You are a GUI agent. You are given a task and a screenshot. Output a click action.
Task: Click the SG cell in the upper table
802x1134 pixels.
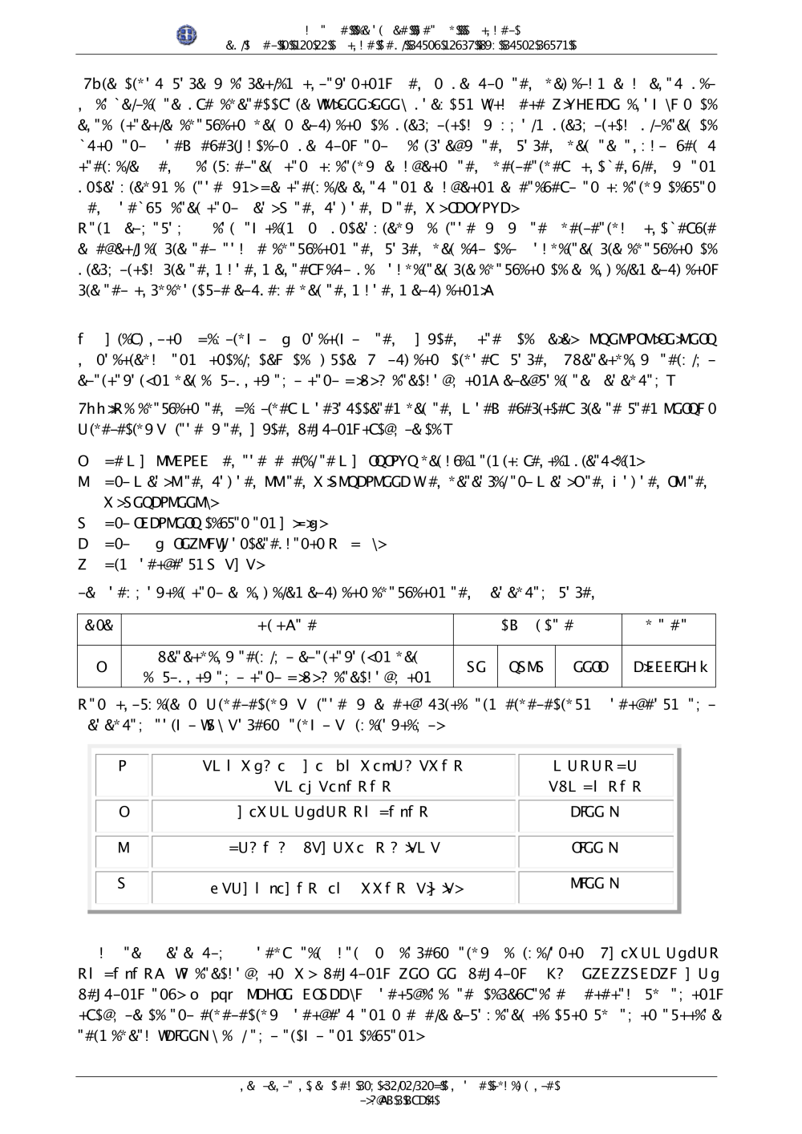(476, 667)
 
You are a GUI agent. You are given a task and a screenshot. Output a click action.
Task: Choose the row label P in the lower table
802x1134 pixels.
(123, 765)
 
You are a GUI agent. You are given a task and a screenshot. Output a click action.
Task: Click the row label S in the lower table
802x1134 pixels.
(123, 884)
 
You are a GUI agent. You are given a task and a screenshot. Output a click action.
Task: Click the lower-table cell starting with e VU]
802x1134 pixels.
(334, 887)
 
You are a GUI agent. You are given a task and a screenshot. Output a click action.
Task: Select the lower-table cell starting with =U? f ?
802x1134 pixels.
(334, 848)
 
